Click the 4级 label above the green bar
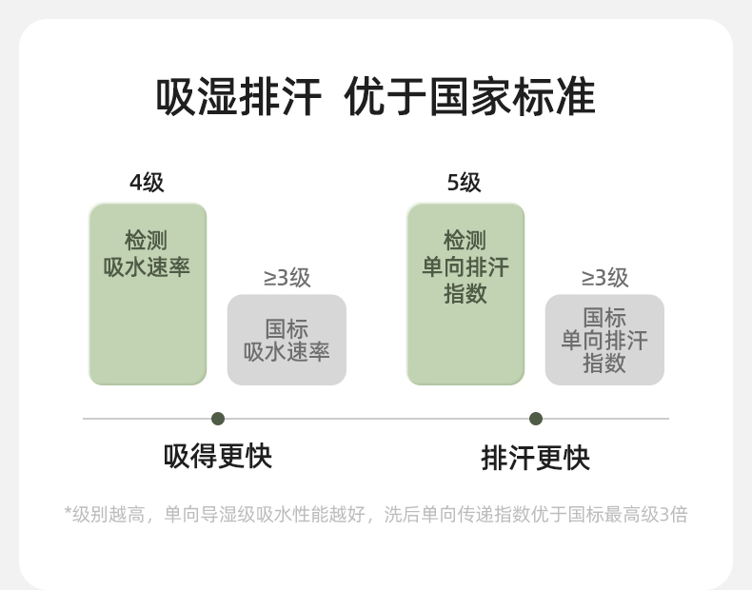coord(147,182)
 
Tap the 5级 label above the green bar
coord(465,182)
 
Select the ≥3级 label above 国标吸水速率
coord(287,278)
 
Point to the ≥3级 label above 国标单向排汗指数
coord(604,278)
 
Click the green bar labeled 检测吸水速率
coord(148,324)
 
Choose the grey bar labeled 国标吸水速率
coord(287,340)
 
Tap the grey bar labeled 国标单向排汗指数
coord(604,340)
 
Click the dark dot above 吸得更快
coord(218,419)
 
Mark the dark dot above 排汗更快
coord(536,419)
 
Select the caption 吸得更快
coord(218,457)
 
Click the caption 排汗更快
coord(536,459)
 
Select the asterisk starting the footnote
coord(68,514)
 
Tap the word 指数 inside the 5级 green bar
coord(465,294)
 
